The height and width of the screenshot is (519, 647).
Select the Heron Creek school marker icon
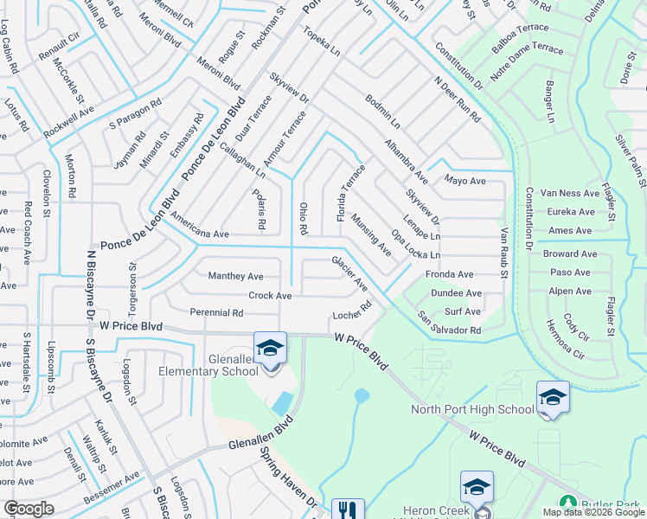pyautogui.click(x=477, y=487)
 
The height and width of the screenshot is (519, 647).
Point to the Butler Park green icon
pyautogui.click(x=567, y=502)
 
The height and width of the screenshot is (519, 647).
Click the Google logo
pyautogui.click(x=28, y=509)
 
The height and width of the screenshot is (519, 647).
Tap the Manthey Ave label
pyautogui.click(x=235, y=277)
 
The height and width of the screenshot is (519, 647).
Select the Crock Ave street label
pyautogui.click(x=270, y=295)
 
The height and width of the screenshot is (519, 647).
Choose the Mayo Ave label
pyautogui.click(x=465, y=181)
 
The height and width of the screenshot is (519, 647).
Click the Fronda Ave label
pyautogui.click(x=449, y=274)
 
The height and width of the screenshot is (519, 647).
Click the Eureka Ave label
pyautogui.click(x=571, y=212)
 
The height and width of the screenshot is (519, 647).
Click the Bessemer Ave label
pyautogui.click(x=112, y=489)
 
